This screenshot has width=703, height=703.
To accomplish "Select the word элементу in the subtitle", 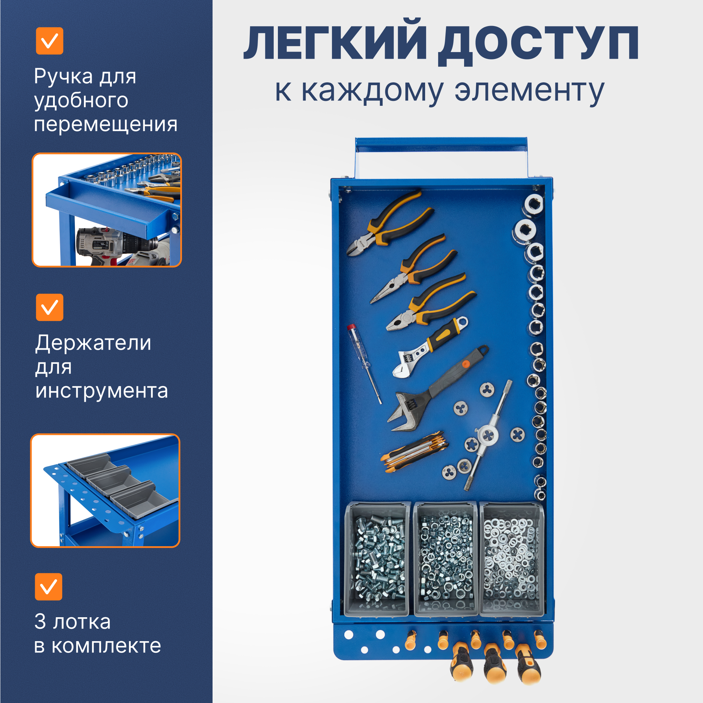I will pyautogui.click(x=529, y=90).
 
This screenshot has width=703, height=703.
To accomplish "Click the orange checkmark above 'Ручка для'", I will pyautogui.click(x=50, y=41).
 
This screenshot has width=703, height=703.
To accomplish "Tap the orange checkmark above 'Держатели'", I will pyautogui.click(x=50, y=307).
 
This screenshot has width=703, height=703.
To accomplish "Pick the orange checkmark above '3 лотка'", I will pyautogui.click(x=48, y=587).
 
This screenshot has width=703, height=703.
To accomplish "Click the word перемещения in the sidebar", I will pyautogui.click(x=105, y=124).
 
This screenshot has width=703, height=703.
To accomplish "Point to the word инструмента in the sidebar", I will pyautogui.click(x=102, y=391).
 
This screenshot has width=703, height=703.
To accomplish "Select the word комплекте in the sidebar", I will pyautogui.click(x=106, y=646).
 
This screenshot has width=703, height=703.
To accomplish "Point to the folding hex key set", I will pyautogui.click(x=415, y=451).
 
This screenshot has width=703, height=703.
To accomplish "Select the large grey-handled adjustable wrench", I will pyautogui.click(x=437, y=389).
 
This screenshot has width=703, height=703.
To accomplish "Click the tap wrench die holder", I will pyautogui.click(x=488, y=435).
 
